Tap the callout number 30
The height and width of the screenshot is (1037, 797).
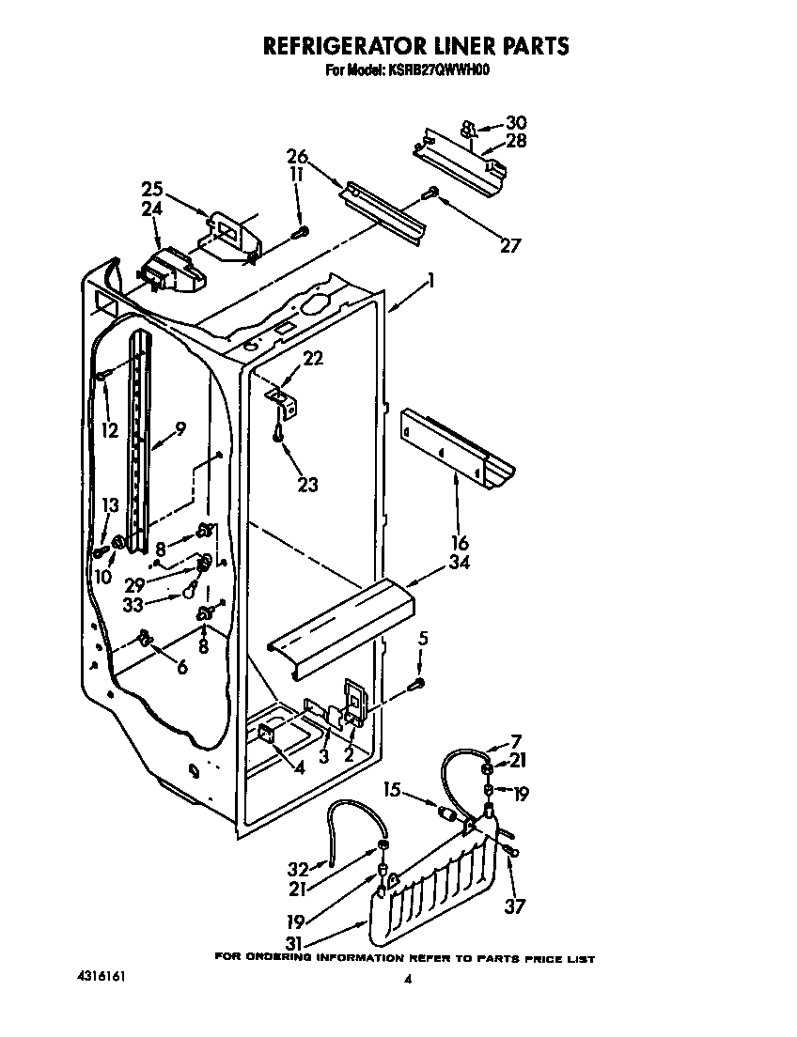click(x=516, y=122)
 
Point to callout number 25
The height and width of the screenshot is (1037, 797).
click(x=152, y=188)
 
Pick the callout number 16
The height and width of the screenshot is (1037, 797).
click(x=460, y=542)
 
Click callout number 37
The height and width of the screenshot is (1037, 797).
click(x=514, y=906)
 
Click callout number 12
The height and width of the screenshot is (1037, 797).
click(x=111, y=431)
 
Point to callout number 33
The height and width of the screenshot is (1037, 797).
click(x=135, y=605)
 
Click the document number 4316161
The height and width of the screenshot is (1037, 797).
click(x=100, y=977)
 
